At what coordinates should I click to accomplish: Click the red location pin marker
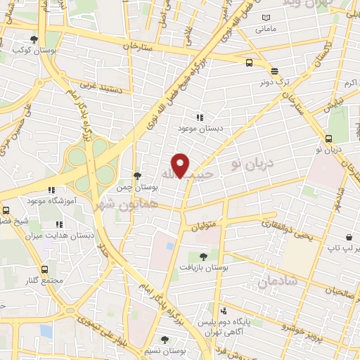(x=181, y=165)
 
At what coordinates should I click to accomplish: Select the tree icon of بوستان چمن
(x=136, y=176)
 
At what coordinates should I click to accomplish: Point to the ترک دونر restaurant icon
(x=274, y=71)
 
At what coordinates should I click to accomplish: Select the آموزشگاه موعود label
(x=50, y=200)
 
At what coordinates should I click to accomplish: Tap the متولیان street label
(x=204, y=226)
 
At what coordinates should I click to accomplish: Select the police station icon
(x=223, y=310)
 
